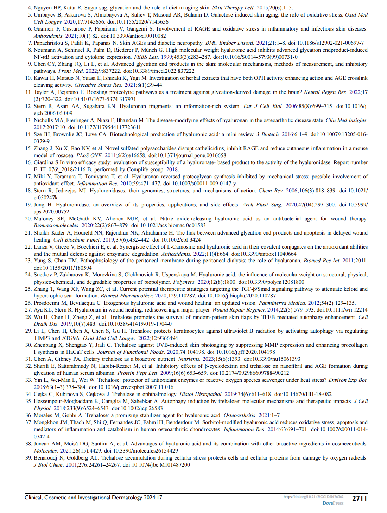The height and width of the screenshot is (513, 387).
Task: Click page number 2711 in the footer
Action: pyautogui.click(x=360, y=498)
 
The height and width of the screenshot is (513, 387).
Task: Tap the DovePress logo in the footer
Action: pyautogui.click(x=333, y=503)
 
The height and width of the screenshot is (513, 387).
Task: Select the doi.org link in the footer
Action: pyautogui.click(x=313, y=497)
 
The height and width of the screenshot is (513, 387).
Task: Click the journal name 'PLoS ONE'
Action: pyautogui.click(x=87, y=155)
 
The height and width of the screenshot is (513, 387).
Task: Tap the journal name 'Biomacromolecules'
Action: pyautogui.click(x=56, y=225)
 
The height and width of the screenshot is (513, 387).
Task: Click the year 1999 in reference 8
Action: pyautogui.click(x=166, y=57)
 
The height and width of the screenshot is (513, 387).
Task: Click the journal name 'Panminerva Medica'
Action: pyautogui.click(x=282, y=303)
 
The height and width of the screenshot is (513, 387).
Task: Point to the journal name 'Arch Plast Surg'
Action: pyautogui.click(x=262, y=205)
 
